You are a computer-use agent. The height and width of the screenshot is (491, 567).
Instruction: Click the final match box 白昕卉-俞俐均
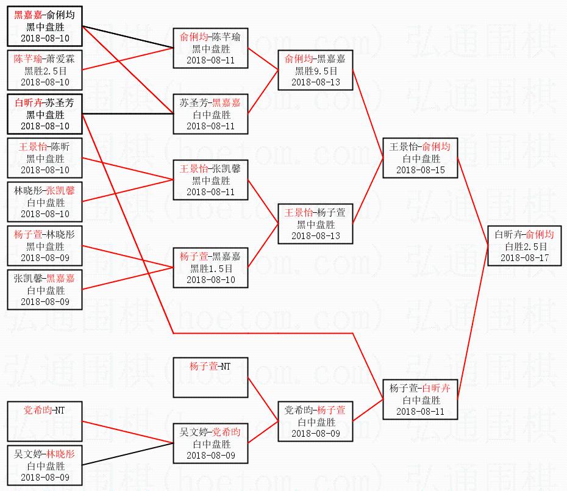click(524, 246)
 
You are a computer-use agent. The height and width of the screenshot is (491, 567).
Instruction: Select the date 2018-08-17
click(524, 258)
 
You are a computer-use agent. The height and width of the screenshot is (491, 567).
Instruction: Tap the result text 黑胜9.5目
click(315, 71)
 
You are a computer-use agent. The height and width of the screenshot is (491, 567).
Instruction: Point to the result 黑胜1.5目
click(210, 268)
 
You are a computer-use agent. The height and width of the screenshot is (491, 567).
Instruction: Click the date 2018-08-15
click(420, 170)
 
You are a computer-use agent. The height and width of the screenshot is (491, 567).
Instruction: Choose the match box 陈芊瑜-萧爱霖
click(45, 70)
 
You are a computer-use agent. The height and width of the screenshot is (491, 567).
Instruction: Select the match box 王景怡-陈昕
click(45, 158)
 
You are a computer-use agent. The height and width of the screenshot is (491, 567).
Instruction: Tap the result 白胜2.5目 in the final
click(524, 246)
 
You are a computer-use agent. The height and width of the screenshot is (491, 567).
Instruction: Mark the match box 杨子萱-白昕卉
click(420, 400)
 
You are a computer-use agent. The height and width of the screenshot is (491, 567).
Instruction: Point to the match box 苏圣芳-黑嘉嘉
click(210, 114)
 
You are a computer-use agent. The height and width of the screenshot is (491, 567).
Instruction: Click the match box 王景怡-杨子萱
click(315, 224)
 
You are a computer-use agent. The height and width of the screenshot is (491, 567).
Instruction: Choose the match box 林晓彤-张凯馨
click(45, 202)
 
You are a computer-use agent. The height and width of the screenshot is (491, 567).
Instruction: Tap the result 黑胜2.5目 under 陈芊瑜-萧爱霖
click(45, 71)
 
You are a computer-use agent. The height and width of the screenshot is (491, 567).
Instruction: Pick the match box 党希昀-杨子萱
click(315, 421)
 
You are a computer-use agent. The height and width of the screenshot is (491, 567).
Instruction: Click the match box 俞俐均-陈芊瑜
click(210, 48)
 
